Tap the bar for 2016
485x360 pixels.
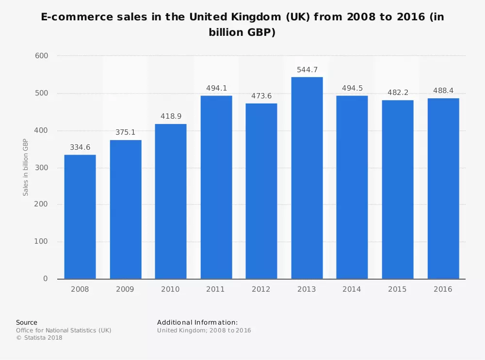[x=443, y=188]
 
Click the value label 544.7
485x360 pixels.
[x=307, y=70]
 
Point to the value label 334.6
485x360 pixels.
[x=80, y=147]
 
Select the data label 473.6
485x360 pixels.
[x=261, y=96]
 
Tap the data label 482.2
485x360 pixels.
[x=398, y=93]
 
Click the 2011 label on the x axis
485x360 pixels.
[x=216, y=289]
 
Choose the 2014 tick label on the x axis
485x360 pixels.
[x=352, y=289]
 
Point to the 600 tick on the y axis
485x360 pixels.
[x=42, y=56]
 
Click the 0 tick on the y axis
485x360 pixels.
[x=46, y=279]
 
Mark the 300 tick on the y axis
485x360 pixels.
[x=42, y=168]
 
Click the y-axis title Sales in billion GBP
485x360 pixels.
[x=26, y=167]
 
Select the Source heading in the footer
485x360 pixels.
[x=27, y=322]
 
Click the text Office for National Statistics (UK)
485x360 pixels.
[x=64, y=330]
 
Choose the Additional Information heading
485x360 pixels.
[x=197, y=322]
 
